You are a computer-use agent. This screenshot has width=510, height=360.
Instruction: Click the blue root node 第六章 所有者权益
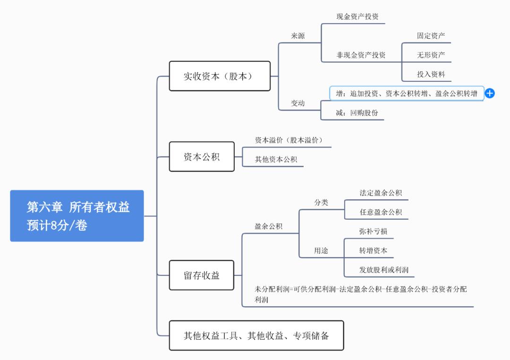point(77,216)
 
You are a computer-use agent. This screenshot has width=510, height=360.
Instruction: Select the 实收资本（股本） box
point(220,76)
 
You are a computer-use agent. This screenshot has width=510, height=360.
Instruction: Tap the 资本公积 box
point(202,157)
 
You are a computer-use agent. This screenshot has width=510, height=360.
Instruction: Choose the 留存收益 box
point(202,275)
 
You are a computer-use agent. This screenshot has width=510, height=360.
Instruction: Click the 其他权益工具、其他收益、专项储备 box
point(256,336)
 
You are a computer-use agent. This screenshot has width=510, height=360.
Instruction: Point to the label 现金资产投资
point(357,17)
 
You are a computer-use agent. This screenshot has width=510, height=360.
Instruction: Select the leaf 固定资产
point(431,35)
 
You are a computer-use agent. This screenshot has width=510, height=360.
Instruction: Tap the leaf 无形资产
point(431,55)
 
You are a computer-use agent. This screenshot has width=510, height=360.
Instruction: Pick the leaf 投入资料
point(431,74)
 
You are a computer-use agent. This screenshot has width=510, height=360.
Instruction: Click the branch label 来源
point(297,36)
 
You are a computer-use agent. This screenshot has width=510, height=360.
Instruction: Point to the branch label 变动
point(297,103)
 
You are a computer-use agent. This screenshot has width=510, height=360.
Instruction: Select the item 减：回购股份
point(357,113)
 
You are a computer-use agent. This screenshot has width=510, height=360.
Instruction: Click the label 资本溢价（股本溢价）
point(289,140)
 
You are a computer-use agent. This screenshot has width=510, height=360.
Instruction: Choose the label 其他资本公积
point(276,160)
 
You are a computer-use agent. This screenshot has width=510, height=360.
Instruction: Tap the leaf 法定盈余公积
point(381,193)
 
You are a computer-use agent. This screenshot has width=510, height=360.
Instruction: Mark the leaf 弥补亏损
point(373,231)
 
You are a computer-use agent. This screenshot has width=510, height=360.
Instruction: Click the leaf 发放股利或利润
point(383,270)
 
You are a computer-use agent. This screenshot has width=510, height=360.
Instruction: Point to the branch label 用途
point(321,251)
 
